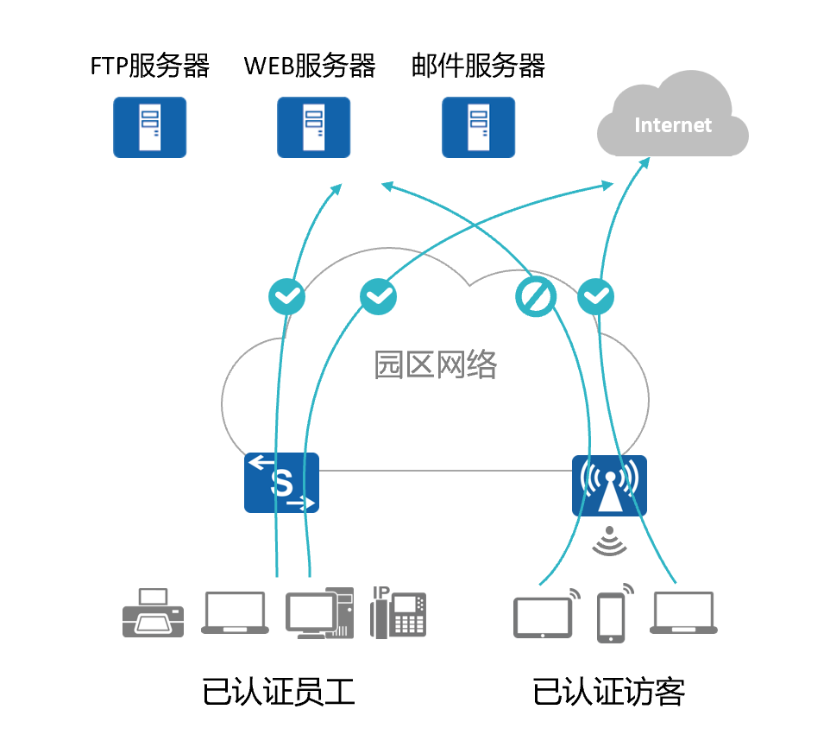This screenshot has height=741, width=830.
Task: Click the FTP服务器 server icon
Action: click(x=149, y=127)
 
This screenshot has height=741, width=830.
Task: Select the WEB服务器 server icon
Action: click(x=313, y=127)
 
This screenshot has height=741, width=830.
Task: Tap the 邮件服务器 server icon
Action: click(x=478, y=127)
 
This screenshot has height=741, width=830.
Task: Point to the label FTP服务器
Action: click(x=150, y=66)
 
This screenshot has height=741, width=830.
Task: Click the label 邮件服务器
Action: click(x=478, y=66)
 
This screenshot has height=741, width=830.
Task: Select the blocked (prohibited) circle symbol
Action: click(x=535, y=297)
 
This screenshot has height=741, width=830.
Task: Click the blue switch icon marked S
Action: click(x=281, y=483)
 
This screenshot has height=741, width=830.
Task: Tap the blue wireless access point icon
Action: click(x=609, y=485)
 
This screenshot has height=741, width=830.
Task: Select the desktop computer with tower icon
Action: click(x=318, y=614)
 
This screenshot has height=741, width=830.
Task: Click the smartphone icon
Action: click(x=611, y=617)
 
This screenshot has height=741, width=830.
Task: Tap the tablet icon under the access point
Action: click(x=544, y=617)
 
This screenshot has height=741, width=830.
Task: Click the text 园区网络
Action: click(x=436, y=364)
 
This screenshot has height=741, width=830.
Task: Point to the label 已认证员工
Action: click(x=279, y=692)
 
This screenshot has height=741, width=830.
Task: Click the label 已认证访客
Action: click(x=609, y=692)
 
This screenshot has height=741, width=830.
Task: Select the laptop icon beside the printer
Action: click(x=235, y=613)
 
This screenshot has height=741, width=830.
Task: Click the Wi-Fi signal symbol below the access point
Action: click(x=609, y=541)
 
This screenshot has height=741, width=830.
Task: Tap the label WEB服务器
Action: click(x=310, y=66)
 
